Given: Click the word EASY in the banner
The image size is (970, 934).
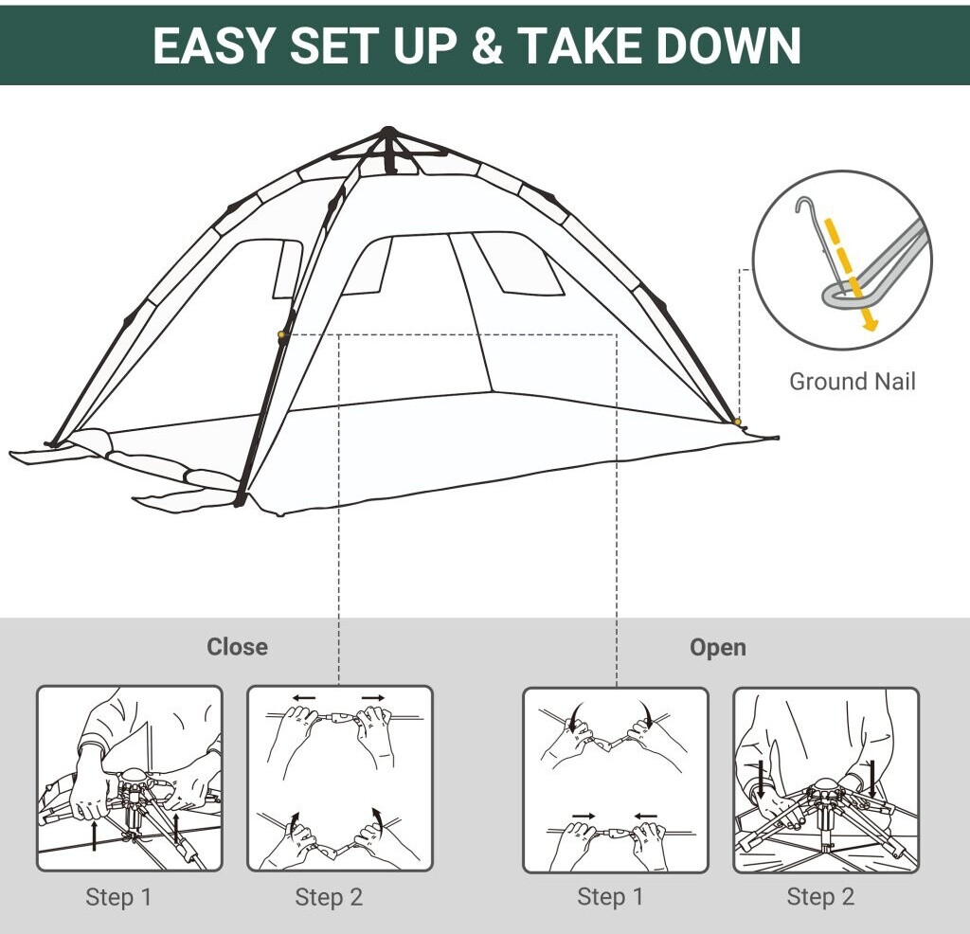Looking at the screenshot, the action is (213, 45).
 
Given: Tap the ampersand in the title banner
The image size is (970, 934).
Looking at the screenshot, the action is (487, 45).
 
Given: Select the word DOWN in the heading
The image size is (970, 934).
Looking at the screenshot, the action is (728, 45).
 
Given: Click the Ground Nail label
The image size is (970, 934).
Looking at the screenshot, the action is (852, 381).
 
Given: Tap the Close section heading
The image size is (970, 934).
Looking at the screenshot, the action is (237, 646).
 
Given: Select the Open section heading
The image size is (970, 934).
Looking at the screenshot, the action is (718, 648).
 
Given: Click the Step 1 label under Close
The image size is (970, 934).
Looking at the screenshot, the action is (118, 897).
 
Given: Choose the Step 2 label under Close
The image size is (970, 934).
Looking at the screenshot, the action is (329, 897).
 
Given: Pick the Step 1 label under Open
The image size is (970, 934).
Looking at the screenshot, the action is (610, 896).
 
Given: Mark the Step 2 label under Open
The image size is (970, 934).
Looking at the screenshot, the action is (820, 896).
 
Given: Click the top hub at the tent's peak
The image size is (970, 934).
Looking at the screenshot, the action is (387, 132).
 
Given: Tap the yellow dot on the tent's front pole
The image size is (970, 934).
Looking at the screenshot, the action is (281, 334).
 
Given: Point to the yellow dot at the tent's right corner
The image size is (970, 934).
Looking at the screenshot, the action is (737, 422).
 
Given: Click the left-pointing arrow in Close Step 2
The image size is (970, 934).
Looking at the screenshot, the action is (304, 698).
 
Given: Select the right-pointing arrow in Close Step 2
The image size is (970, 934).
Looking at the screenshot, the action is (373, 698).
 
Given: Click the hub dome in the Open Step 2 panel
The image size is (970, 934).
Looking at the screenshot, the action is (825, 784).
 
